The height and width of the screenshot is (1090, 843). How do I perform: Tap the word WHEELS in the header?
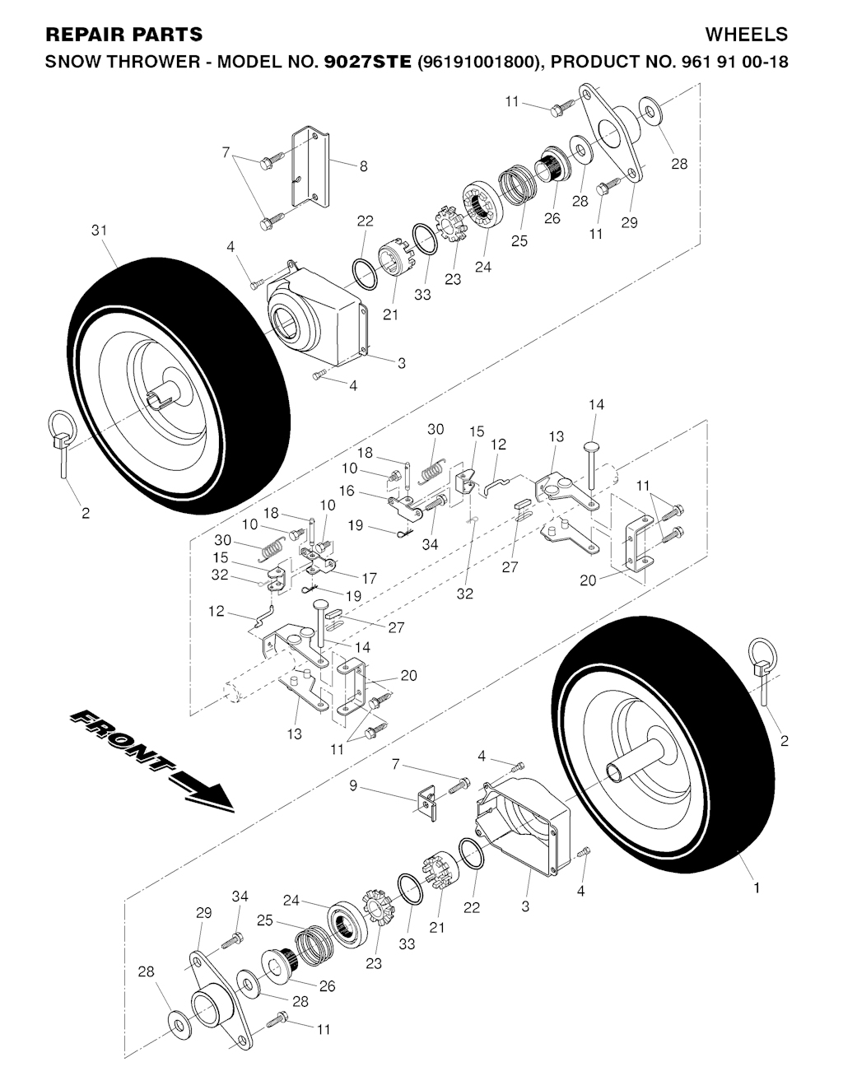click(x=746, y=35)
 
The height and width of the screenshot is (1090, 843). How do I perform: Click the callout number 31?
click(x=100, y=231)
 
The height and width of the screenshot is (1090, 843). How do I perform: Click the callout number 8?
click(x=363, y=166)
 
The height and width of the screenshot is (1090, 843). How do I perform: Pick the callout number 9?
click(x=353, y=785)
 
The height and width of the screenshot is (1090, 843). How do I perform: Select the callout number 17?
click(x=370, y=579)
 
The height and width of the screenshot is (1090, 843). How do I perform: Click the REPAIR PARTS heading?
click(x=124, y=35)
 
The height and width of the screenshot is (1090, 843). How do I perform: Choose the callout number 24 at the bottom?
click(x=291, y=900)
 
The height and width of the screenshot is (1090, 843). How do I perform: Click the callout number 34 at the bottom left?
click(x=240, y=896)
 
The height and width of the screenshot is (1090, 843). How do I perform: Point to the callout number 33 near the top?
click(x=422, y=295)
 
